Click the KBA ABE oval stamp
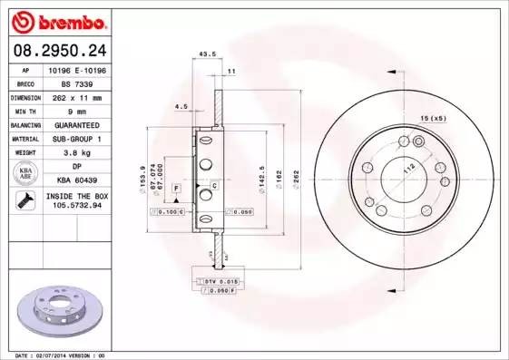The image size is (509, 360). (x=26, y=173)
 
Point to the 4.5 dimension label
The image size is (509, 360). (x=181, y=106)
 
